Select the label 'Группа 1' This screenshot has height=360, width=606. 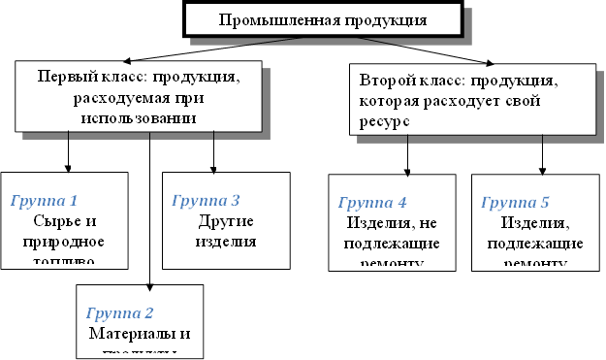tap(44, 201)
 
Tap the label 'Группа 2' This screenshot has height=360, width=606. tap(120, 312)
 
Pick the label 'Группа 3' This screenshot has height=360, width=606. tap(206, 201)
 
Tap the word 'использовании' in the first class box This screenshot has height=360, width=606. tap(139, 116)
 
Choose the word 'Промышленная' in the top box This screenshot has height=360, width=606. tap(269, 20)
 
